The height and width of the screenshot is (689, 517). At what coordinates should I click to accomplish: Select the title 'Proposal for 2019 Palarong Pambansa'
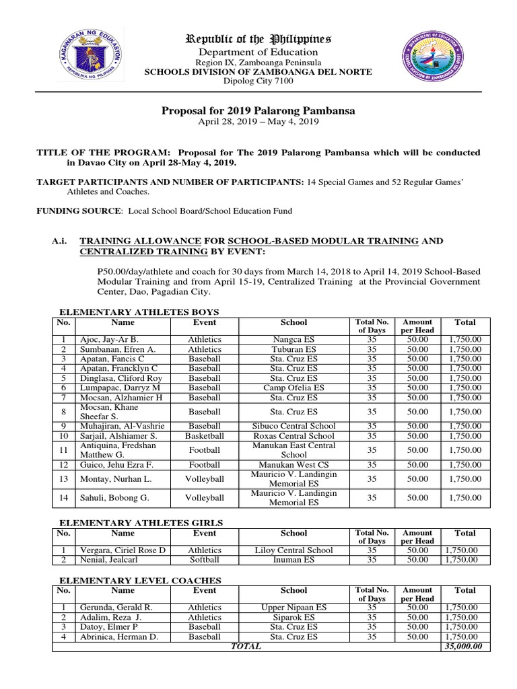coord(258,110)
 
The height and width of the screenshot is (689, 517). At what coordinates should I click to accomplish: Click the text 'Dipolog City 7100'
coord(258,81)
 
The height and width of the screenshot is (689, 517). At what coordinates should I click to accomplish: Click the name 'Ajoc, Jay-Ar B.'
coord(109,340)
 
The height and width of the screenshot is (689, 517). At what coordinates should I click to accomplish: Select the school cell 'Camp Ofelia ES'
coord(294,388)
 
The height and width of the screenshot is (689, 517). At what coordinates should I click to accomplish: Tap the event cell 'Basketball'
coord(204,435)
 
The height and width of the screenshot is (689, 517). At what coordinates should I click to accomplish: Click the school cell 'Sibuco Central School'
coord(294,426)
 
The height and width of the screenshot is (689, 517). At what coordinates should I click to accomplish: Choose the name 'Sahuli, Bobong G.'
coord(112,498)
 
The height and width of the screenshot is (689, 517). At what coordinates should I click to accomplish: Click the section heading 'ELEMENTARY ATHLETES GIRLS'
coord(141,523)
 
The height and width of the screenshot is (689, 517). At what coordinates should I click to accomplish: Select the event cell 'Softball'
coord(204,559)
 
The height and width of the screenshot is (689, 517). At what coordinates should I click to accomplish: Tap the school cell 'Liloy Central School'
coord(294,550)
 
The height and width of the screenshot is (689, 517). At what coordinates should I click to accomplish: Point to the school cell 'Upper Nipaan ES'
coord(294,607)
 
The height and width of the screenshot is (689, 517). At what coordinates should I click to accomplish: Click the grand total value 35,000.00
coord(464,647)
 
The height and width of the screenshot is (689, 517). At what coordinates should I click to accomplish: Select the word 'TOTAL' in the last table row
coord(246,647)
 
